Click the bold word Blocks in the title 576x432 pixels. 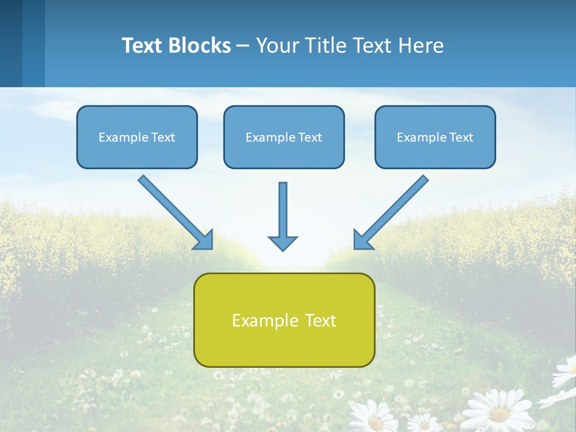click(x=199, y=46)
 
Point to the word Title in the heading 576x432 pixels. click(x=322, y=46)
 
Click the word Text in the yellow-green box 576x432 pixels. click(x=320, y=320)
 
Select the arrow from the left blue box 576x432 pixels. click(x=175, y=212)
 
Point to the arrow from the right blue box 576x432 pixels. click(x=391, y=212)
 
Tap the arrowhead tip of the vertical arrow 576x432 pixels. click(x=283, y=249)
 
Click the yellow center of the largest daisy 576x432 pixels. click(x=499, y=414)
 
